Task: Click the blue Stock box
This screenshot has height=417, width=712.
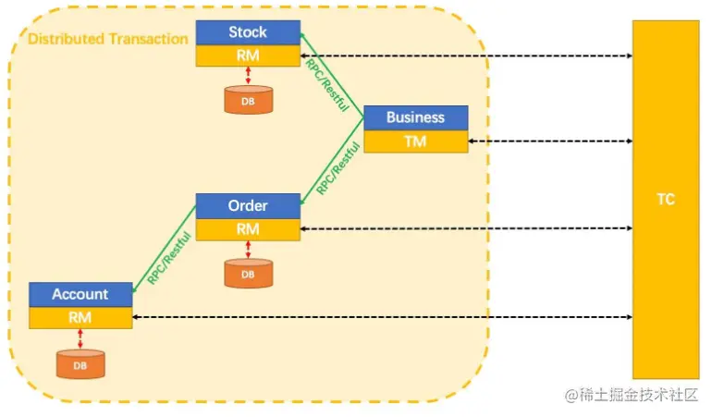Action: (248, 33)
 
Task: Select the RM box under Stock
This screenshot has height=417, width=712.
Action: (248, 55)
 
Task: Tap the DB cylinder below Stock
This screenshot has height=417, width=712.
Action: (248, 99)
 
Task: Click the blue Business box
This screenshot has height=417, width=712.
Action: (415, 117)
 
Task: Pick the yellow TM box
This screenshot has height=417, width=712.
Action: (415, 141)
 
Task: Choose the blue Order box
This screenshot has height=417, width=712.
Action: (248, 205)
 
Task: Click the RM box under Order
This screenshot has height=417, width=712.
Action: (248, 228)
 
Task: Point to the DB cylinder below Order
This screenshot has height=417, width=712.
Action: (248, 273)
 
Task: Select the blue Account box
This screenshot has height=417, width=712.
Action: (80, 294)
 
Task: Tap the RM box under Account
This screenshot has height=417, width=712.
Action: (80, 317)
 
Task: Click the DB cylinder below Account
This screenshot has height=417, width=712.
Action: (80, 363)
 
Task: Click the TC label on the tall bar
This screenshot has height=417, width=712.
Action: (665, 199)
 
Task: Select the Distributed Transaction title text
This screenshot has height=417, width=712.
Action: (107, 40)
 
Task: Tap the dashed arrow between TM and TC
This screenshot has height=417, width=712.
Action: (550, 141)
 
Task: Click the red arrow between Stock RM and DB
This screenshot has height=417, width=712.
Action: (248, 75)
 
